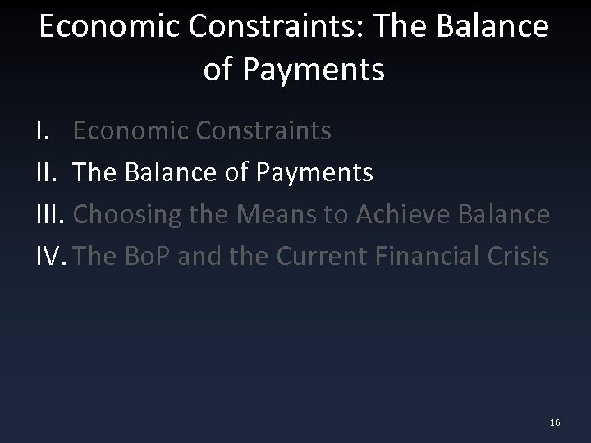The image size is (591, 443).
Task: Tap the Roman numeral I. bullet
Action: click(x=45, y=130)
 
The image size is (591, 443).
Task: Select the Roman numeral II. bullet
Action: click(x=48, y=172)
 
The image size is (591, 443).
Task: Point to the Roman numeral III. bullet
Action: click(x=52, y=215)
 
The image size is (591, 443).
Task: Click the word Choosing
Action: click(x=127, y=215)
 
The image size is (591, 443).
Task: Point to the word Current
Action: click(x=325, y=257)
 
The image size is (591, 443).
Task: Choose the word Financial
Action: click(x=433, y=257)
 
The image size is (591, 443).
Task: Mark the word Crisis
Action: click(x=519, y=257)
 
